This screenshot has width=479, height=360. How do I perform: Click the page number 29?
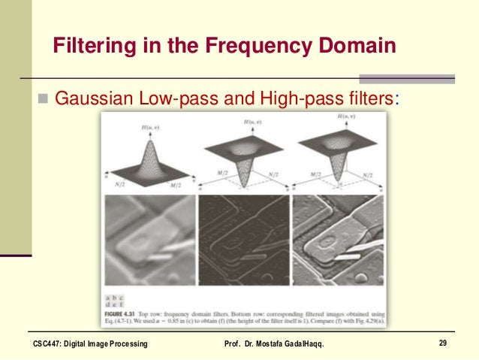coord(443,343)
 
